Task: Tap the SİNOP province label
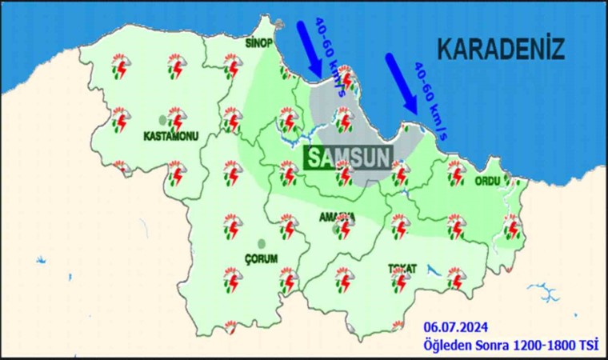pos(259,43)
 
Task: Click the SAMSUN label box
pos(349,155)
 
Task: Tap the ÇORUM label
pos(260,258)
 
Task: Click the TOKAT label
pos(402,268)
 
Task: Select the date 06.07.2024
pos(457,328)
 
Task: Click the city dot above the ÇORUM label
pos(260,243)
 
